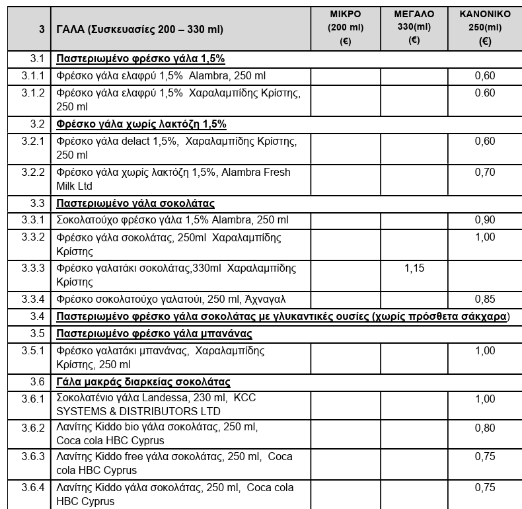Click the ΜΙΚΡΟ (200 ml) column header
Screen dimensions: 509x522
click(x=344, y=27)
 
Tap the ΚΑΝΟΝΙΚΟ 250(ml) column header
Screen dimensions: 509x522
click(x=485, y=27)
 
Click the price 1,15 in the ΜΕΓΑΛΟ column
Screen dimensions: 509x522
click(x=414, y=268)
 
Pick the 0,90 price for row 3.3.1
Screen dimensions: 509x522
click(x=485, y=220)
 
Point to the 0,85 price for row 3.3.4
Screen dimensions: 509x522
click(x=485, y=299)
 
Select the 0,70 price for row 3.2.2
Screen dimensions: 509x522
click(x=485, y=173)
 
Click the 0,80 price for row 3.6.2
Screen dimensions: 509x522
click(x=485, y=427)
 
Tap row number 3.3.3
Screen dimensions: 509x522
click(x=32, y=268)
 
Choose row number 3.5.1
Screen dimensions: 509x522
click(x=32, y=351)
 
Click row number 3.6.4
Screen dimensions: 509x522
click(x=32, y=488)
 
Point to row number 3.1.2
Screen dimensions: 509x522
click(x=32, y=93)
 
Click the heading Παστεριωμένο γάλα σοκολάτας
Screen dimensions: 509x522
click(x=135, y=204)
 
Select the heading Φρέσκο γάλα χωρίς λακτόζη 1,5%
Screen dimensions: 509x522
click(x=141, y=124)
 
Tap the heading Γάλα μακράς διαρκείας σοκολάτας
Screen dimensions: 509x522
click(x=143, y=382)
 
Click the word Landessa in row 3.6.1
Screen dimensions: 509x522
click(x=168, y=399)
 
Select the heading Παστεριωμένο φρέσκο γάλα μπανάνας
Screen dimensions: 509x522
click(x=155, y=333)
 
